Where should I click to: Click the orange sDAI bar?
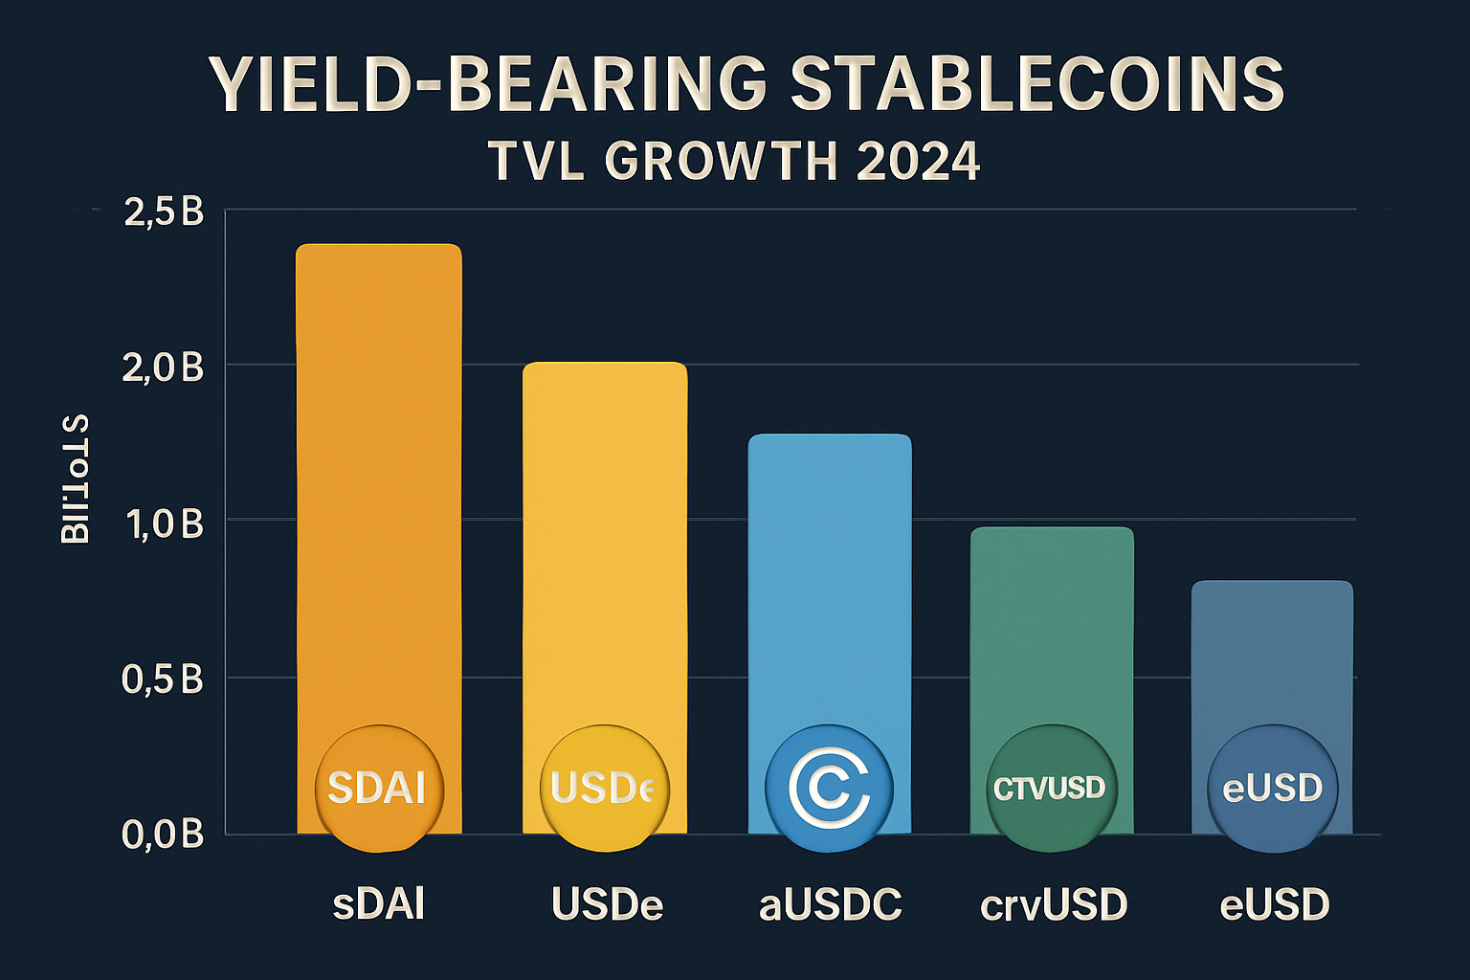[379, 479]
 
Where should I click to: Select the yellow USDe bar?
[604, 536]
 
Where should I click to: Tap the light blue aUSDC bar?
[830, 574]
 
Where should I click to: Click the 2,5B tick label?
[164, 212]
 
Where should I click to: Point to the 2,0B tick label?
[164, 367]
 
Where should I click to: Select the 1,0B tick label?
[164, 523]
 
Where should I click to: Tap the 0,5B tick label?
[164, 679]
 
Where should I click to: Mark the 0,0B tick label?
[164, 835]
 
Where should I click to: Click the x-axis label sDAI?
[379, 904]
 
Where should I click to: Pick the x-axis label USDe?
[607, 904]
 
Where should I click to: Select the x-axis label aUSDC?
[830, 904]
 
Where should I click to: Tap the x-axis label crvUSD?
[1054, 904]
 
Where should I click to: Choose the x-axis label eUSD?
[1275, 904]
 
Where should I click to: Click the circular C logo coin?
[829, 788]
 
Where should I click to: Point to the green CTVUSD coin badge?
[1050, 789]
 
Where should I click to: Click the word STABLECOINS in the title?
[1036, 83]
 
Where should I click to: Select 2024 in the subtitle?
[918, 161]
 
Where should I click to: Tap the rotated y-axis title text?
[76, 479]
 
